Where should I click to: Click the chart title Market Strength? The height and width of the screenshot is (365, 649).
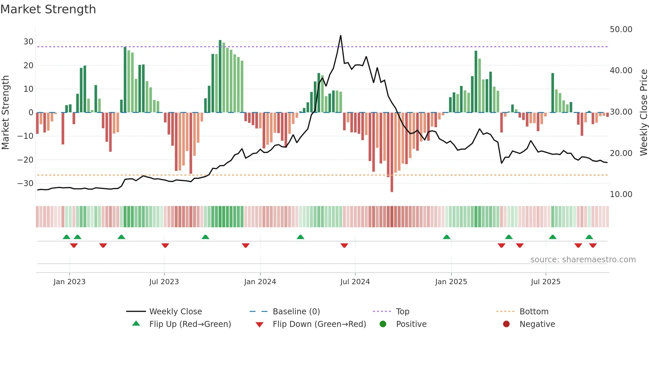click(x=48, y=9)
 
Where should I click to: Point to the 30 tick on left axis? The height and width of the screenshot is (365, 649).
click(x=28, y=42)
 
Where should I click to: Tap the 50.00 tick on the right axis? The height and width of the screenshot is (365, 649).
click(x=621, y=29)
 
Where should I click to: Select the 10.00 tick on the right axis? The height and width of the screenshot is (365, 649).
click(x=621, y=194)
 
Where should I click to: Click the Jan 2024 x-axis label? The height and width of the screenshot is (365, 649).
click(x=260, y=282)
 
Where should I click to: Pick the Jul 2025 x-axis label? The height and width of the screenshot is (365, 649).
click(x=545, y=282)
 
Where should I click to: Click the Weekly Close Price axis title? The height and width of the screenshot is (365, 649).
click(x=643, y=113)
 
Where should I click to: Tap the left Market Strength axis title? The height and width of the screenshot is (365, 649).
click(x=6, y=113)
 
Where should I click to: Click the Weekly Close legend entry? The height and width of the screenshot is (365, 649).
click(x=175, y=312)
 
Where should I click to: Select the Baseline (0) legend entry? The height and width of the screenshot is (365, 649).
click(x=296, y=312)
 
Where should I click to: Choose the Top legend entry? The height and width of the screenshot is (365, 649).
click(x=402, y=312)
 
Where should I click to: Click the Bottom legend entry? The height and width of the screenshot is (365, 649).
click(x=534, y=312)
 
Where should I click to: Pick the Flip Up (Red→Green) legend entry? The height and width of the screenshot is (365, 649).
click(x=190, y=324)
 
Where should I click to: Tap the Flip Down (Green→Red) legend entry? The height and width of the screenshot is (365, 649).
click(x=319, y=324)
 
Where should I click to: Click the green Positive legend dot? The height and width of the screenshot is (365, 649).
click(x=383, y=324)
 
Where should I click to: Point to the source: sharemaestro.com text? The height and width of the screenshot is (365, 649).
click(x=583, y=260)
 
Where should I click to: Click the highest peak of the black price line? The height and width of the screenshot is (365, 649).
click(x=340, y=36)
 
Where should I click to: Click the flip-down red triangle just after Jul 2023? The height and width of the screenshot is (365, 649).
click(x=165, y=245)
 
